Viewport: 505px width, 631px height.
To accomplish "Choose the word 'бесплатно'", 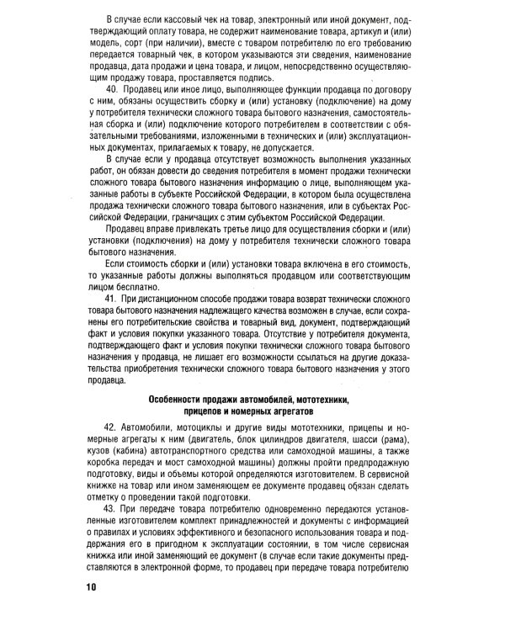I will tap(130, 286).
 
